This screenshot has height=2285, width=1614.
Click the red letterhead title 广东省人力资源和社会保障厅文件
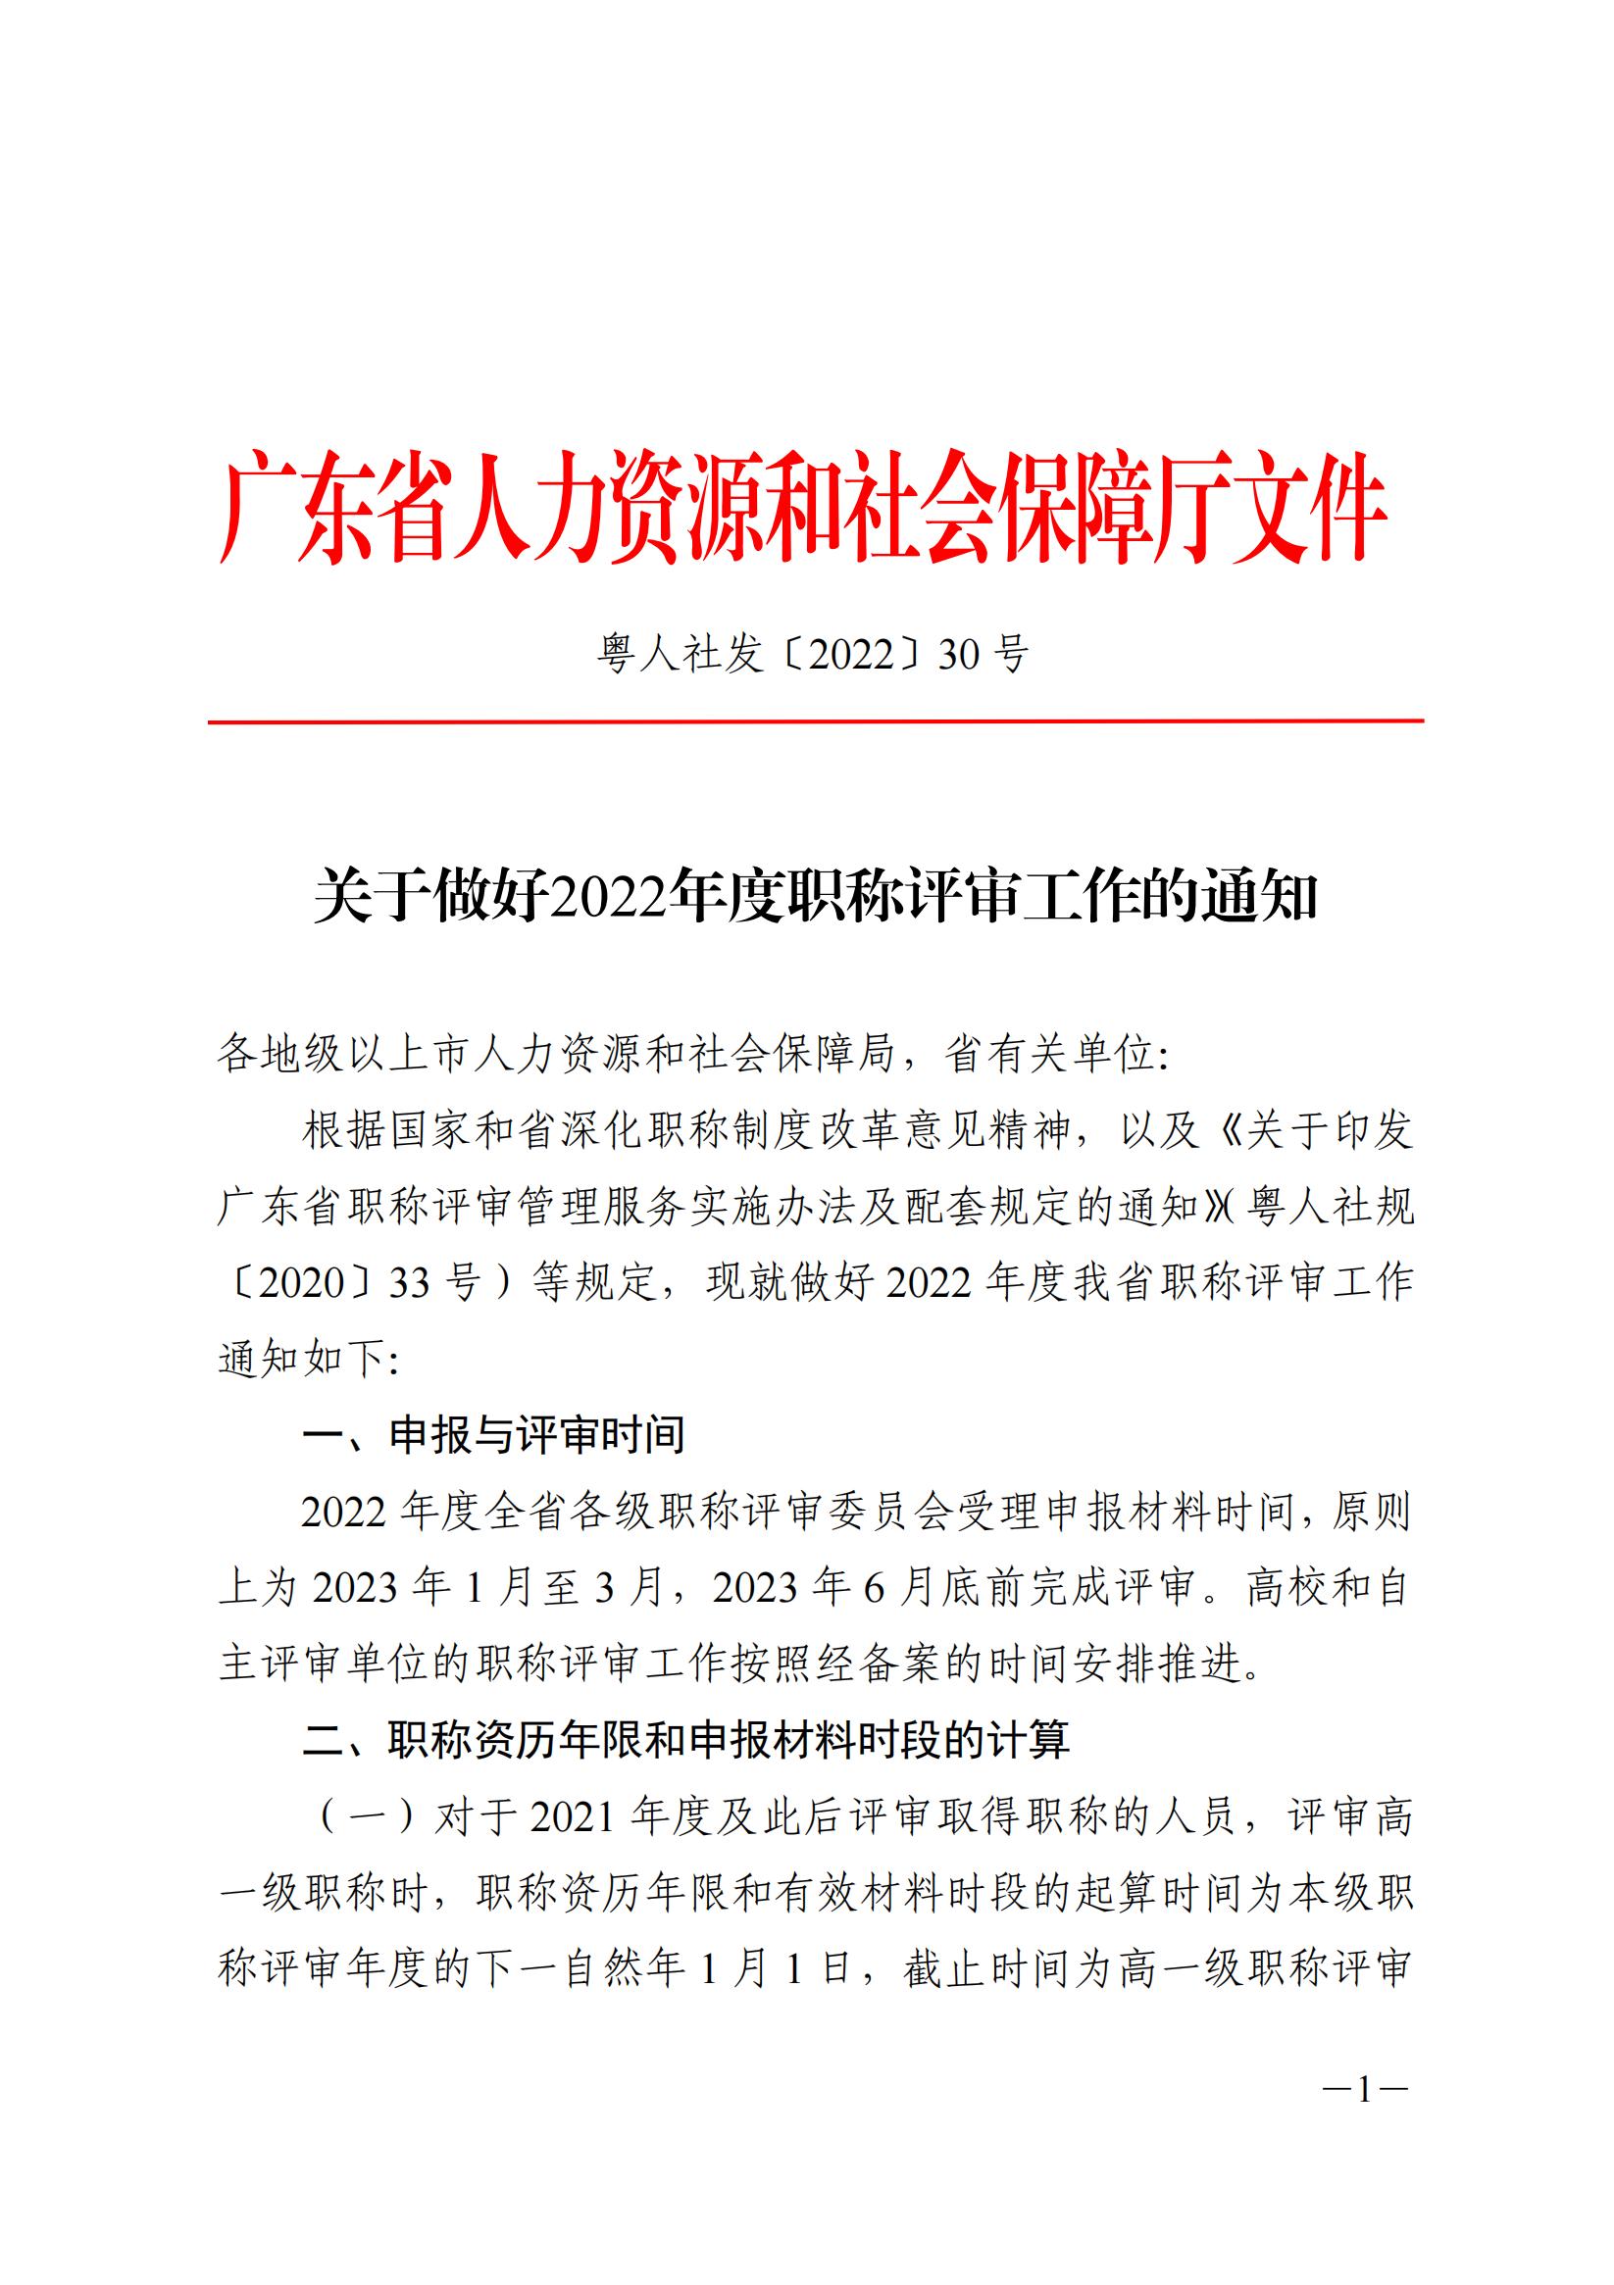pos(802,507)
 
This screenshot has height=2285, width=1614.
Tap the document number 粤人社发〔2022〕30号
pos(813,654)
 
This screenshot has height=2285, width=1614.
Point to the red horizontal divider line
pos(815,721)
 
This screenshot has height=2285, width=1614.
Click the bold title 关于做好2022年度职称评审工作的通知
pos(815,896)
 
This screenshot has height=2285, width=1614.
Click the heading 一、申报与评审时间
pos(494,1434)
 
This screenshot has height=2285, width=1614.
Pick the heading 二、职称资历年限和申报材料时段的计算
pos(686,1740)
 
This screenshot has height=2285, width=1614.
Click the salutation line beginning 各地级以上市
pos(693,1054)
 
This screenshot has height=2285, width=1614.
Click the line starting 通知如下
pos(308,1359)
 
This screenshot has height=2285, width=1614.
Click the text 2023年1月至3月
pos(488,1587)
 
